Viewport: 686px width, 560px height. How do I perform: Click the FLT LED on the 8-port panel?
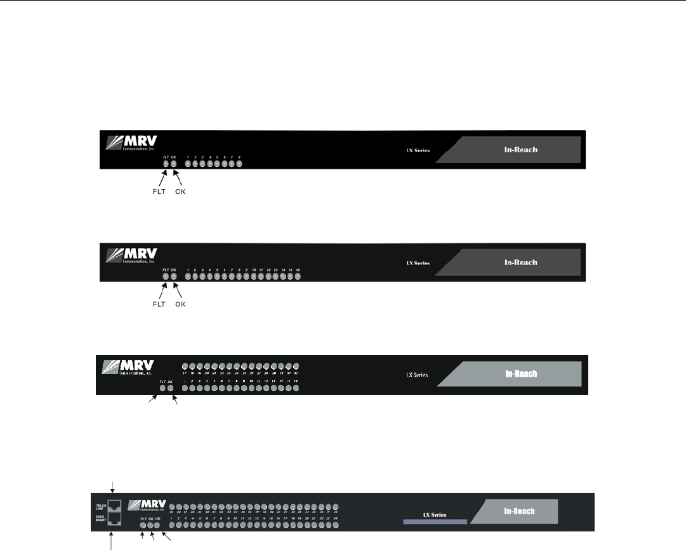coord(166,164)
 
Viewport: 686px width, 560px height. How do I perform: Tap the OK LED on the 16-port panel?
coord(173,277)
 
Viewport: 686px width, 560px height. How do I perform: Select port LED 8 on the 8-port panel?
coord(239,164)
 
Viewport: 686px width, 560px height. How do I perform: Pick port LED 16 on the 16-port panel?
coord(298,277)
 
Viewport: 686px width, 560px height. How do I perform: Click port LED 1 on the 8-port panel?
coord(188,164)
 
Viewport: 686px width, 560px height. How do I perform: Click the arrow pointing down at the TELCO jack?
coord(112,487)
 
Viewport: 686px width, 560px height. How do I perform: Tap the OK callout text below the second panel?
coord(181,304)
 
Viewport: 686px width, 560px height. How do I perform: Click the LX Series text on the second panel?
coord(418,263)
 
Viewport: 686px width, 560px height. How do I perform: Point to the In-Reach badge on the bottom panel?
coord(518,511)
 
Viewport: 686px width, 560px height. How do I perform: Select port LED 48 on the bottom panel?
coord(334,507)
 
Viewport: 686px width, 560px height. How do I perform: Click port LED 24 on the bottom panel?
coord(334,525)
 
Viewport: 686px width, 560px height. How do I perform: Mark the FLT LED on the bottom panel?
coord(143,525)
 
